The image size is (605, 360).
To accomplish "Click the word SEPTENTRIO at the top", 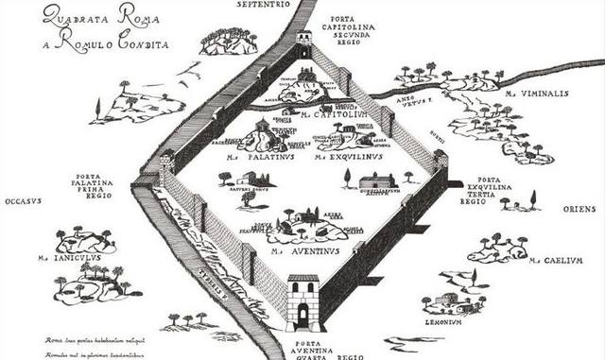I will [262, 5].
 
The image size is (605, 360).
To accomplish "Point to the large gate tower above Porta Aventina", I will [303, 301].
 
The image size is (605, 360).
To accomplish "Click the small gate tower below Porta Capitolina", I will [303, 41].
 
